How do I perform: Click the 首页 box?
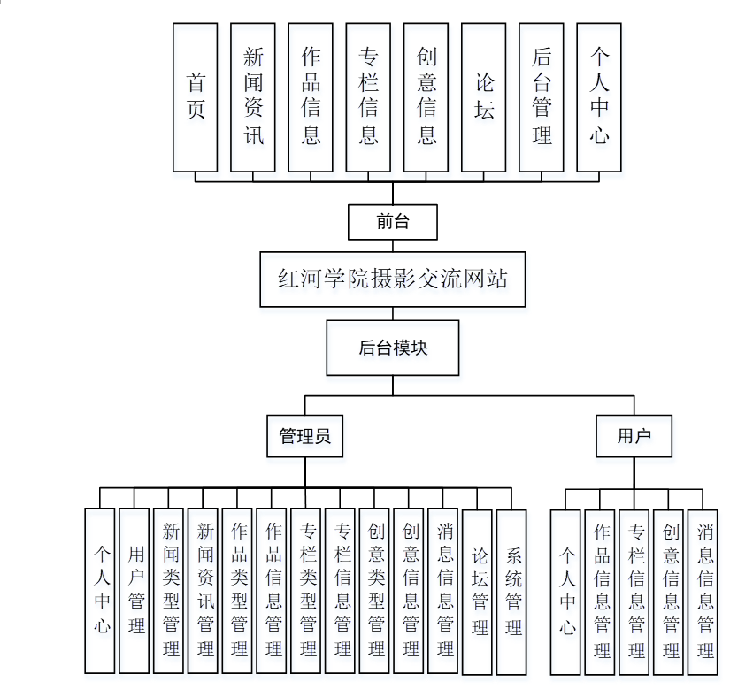(196, 97)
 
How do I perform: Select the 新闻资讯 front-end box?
(253, 97)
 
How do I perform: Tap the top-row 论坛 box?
(484, 97)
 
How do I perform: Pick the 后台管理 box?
(542, 97)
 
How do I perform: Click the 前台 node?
(393, 222)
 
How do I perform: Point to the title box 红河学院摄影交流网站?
(393, 279)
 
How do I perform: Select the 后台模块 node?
(393, 348)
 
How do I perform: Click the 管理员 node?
(304, 436)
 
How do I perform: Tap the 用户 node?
(634, 436)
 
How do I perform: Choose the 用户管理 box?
(134, 590)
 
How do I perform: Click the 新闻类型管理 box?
(169, 590)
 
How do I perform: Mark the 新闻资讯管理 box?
(204, 590)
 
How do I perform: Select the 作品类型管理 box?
(238, 590)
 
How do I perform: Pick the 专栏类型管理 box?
(307, 590)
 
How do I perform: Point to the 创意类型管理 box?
(376, 590)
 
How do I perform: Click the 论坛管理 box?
(478, 590)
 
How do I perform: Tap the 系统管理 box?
(512, 590)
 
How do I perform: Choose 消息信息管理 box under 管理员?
(443, 590)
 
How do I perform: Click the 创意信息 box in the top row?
(426, 97)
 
